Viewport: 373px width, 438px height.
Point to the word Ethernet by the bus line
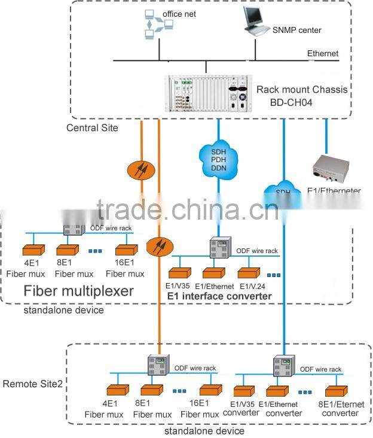(323, 53)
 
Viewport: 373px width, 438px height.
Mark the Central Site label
(92, 128)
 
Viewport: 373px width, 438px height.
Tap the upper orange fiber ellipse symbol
(142, 169)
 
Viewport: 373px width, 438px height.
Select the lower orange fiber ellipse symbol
(159, 245)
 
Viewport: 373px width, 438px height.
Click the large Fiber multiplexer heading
(78, 291)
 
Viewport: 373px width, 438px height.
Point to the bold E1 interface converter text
(219, 296)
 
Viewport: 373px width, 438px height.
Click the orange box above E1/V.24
(248, 272)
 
